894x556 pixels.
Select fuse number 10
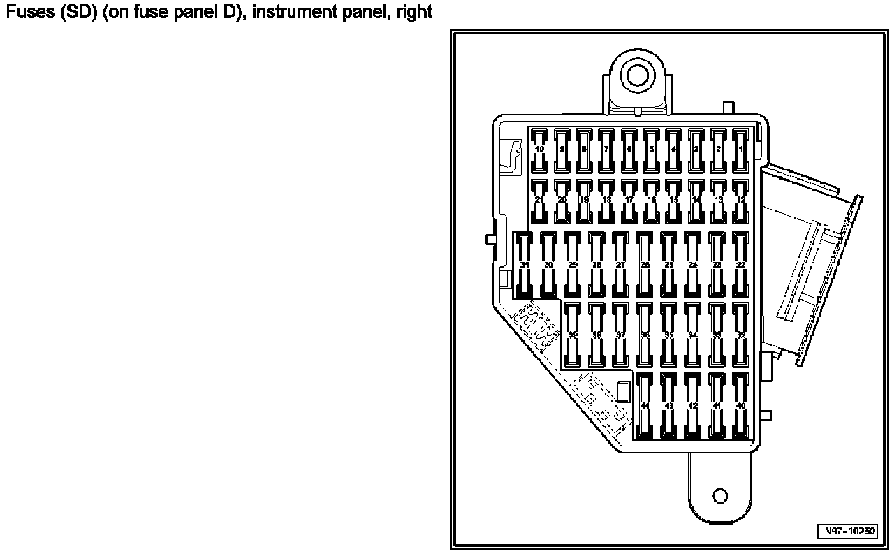pyautogui.click(x=539, y=149)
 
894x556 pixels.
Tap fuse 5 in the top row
pyautogui.click(x=652, y=149)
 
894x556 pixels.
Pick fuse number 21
pyautogui.click(x=539, y=200)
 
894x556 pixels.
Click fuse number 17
pyautogui.click(x=629, y=200)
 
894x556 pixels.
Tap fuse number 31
pyautogui.click(x=525, y=265)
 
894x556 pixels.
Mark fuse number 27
pyautogui.click(x=620, y=265)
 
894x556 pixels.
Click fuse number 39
pyautogui.click(x=573, y=335)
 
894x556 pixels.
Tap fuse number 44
pyautogui.click(x=645, y=406)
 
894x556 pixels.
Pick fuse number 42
pyautogui.click(x=693, y=406)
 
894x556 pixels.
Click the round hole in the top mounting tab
pyautogui.click(x=636, y=74)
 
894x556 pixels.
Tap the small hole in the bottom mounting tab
pyautogui.click(x=721, y=497)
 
